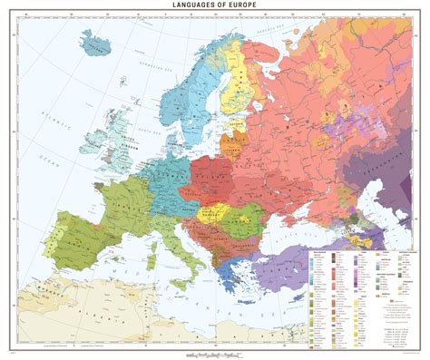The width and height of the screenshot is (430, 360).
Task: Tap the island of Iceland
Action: point(98,42)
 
